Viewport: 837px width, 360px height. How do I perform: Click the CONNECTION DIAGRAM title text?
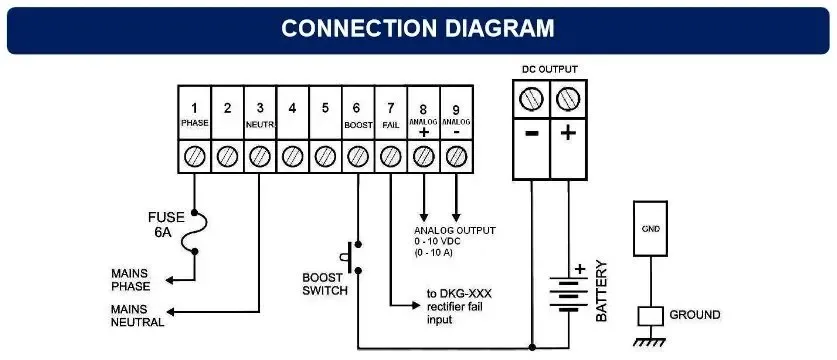click(417, 27)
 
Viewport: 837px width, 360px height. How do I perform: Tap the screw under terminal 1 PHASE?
click(194, 156)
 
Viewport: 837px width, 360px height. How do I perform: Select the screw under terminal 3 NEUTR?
click(259, 156)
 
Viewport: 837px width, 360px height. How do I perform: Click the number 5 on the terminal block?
click(324, 108)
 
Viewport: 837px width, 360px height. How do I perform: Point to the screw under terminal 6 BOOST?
click(357, 156)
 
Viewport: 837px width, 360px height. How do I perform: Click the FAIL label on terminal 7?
click(390, 126)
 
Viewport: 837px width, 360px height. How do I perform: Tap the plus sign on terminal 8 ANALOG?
click(423, 131)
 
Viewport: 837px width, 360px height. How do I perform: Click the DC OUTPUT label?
click(549, 69)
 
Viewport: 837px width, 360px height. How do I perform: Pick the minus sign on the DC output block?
click(531, 134)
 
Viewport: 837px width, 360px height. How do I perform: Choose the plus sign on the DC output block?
click(567, 134)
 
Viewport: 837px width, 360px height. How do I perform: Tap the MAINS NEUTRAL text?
click(137, 316)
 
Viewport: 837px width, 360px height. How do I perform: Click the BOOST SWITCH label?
click(325, 284)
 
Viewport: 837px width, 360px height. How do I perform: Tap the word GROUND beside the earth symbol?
click(695, 315)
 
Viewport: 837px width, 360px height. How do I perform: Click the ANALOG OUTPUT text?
click(455, 230)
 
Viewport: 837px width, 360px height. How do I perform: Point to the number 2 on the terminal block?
click(227, 108)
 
